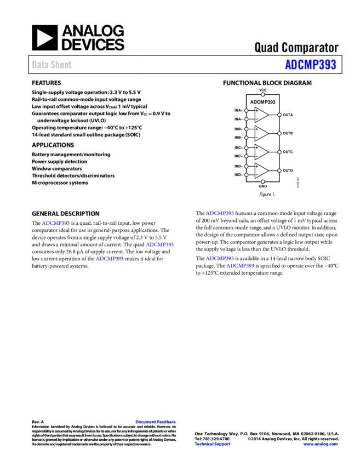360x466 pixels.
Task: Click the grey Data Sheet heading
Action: tap(52, 65)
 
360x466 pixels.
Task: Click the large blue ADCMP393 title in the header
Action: tap(310, 65)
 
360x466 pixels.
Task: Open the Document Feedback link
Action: tap(156, 422)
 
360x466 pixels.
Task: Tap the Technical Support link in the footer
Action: tap(213, 444)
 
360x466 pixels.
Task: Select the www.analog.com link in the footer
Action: tap(321, 444)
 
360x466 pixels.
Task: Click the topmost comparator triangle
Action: tap(261, 115)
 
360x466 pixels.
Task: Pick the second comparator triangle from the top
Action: tap(261, 133)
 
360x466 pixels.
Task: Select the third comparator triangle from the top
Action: tap(261, 152)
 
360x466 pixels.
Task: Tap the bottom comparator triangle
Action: tap(261, 171)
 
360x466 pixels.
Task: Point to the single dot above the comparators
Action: tap(263, 94)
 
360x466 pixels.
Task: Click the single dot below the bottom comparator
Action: tap(263, 181)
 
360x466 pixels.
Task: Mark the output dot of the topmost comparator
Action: tap(279, 115)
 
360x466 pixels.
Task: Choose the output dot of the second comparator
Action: tap(279, 133)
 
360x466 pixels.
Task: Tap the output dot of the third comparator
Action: tap(279, 152)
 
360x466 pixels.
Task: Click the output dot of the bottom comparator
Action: tap(279, 171)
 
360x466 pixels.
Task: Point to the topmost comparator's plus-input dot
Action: tap(246, 111)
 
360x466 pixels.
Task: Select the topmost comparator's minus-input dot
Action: tap(246, 119)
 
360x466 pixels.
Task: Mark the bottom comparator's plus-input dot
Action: tap(246, 166)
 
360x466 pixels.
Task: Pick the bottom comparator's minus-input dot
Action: tap(246, 175)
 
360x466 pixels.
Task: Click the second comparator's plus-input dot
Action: tap(246, 129)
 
